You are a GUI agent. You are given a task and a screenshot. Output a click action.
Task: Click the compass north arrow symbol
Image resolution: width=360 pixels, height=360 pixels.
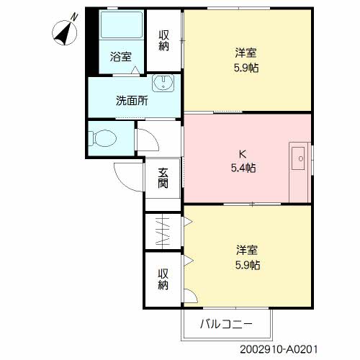pos(65,33)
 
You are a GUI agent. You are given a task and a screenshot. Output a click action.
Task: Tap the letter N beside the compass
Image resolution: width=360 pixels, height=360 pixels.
pos(75,17)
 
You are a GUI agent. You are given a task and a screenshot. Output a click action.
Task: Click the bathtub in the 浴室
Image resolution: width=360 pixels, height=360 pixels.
pos(122,25)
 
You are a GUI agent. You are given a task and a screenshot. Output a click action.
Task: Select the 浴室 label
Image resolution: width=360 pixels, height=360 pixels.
pos(121,57)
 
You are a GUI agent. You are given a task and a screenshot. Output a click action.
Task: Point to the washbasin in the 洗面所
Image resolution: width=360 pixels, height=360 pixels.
pos(163,83)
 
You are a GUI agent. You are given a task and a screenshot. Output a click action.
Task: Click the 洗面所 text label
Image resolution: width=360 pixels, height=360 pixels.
pos(132,101)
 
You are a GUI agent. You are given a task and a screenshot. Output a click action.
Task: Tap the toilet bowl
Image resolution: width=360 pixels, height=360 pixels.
pos(102,138)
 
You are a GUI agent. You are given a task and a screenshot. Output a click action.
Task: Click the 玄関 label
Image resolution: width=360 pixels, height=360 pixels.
pos(163,178)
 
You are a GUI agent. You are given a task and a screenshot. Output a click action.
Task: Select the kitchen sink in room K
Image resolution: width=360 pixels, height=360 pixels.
pos(298,158)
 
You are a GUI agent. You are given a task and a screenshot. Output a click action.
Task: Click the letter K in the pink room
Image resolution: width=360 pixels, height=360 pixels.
pos(243,154)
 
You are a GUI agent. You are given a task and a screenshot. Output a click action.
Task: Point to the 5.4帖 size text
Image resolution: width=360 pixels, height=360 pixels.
pos(243,168)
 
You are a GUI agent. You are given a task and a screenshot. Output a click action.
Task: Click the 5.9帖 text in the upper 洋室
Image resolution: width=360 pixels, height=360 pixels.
pos(246,68)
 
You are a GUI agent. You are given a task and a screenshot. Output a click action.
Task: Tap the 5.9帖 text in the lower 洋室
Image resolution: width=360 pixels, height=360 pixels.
pos(248,265)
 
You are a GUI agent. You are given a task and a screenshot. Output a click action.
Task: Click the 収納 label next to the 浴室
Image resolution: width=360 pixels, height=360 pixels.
pos(163,40)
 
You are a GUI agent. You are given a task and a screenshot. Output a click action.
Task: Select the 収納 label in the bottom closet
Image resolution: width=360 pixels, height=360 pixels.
pos(163,279)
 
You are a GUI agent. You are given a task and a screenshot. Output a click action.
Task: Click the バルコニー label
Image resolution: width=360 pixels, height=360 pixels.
pos(226,324)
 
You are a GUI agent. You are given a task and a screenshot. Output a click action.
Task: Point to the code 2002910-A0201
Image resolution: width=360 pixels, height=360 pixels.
pos(279,349)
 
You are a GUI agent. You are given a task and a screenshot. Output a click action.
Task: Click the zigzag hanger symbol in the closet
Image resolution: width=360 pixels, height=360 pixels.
pos(163,231)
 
